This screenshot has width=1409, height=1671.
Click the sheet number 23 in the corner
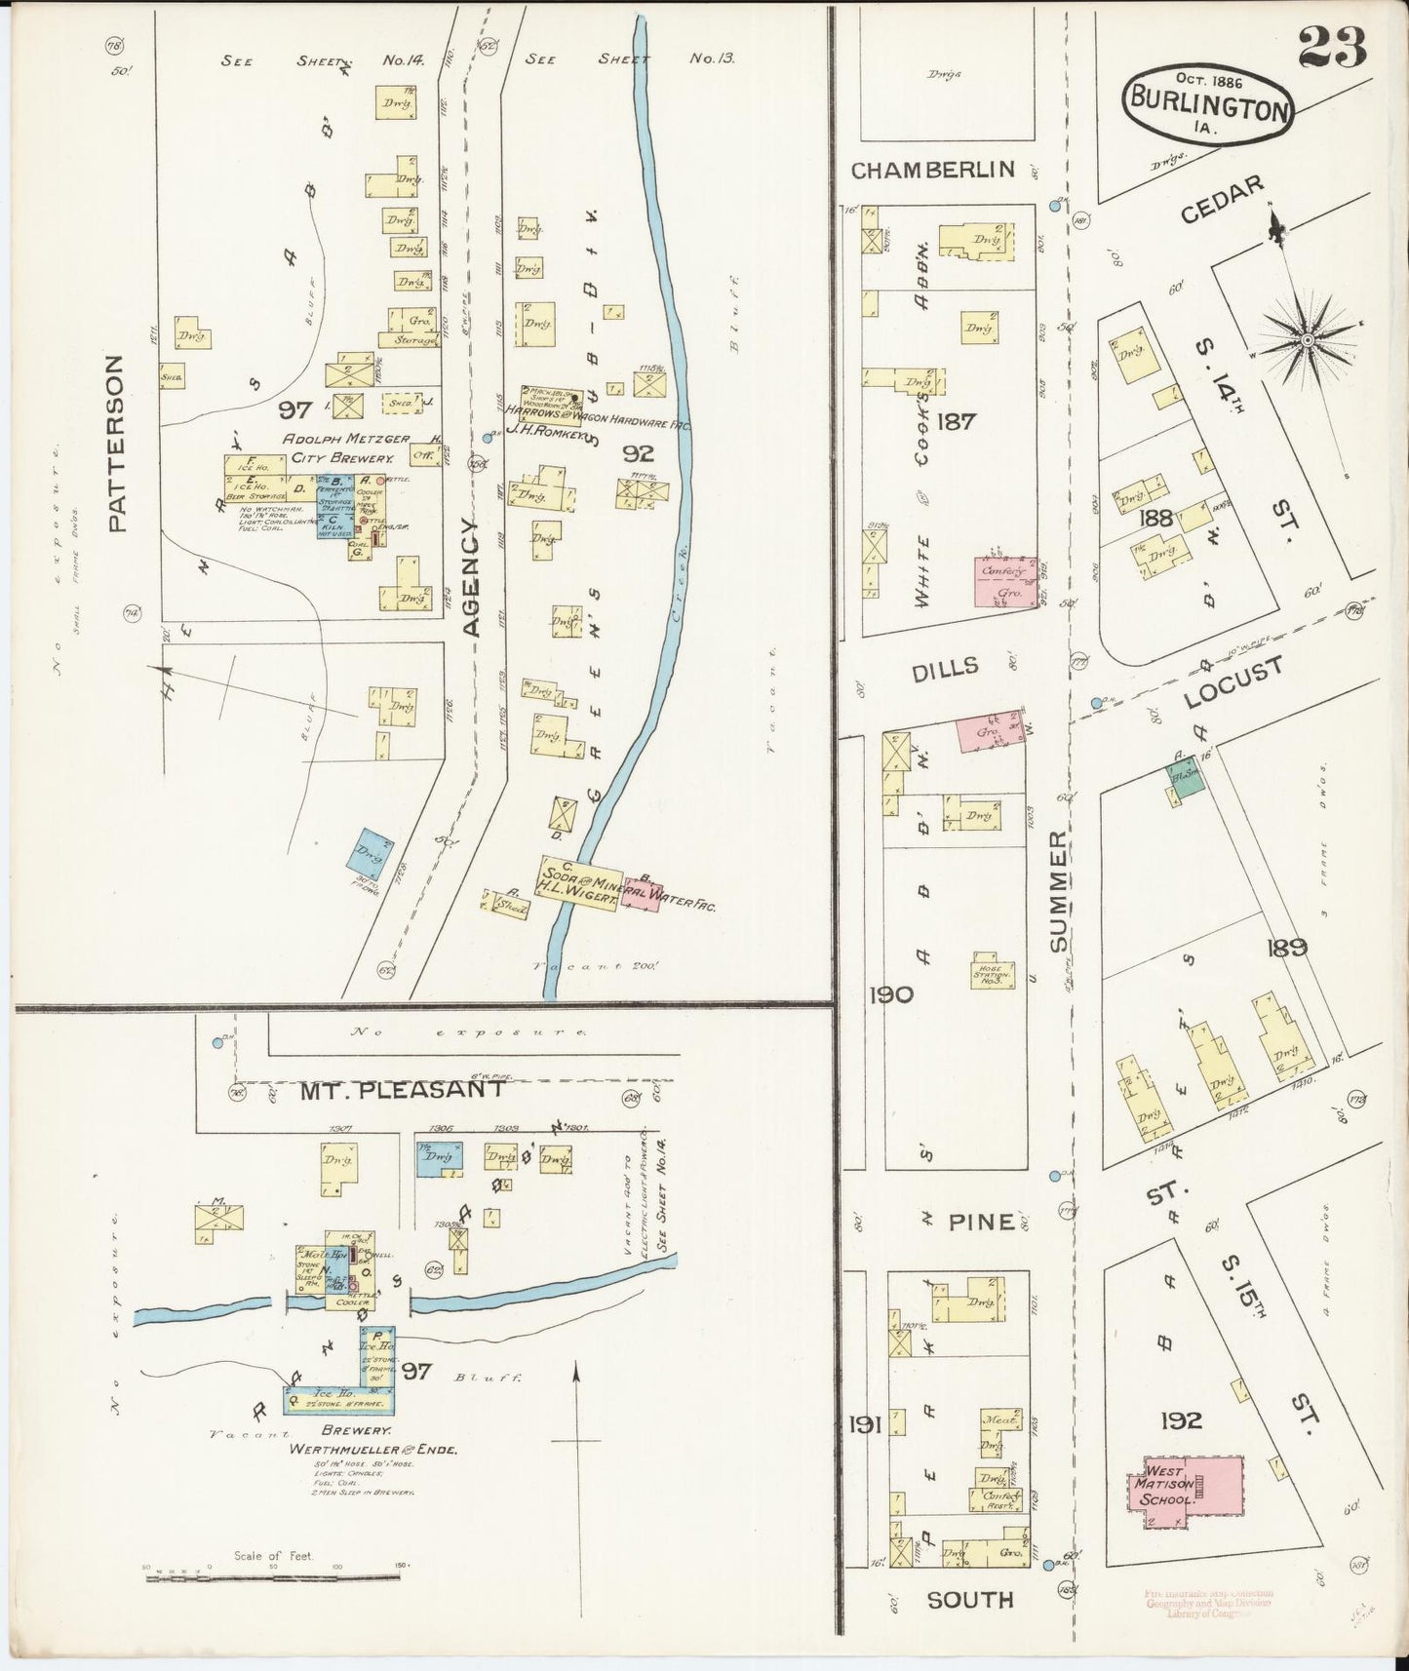pyautogui.click(x=1332, y=46)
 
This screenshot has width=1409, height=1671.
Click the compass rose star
pyautogui.click(x=1306, y=339)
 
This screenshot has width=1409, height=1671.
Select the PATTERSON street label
pyautogui.click(x=116, y=443)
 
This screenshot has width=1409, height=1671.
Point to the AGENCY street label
pyautogui.click(x=471, y=577)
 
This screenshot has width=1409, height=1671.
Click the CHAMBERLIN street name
pyautogui.click(x=932, y=171)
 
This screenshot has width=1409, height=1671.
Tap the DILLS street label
pyautogui.click(x=945, y=667)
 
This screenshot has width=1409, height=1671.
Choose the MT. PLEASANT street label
pyautogui.click(x=402, y=1090)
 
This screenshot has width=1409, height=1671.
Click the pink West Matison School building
pyautogui.click(x=1187, y=1484)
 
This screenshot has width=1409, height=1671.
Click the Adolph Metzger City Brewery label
pyautogui.click(x=338, y=447)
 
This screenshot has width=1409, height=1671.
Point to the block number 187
pyautogui.click(x=956, y=421)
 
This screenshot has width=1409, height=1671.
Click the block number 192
pyautogui.click(x=1181, y=1420)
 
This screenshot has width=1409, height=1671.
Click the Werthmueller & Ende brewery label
pyautogui.click(x=373, y=1449)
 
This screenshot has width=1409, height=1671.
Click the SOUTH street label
pyautogui.click(x=969, y=1599)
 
